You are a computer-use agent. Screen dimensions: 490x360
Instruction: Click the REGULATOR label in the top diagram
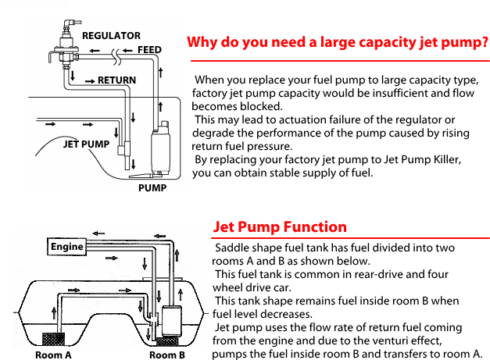[111, 36]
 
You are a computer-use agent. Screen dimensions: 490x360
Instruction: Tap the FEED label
[149, 50]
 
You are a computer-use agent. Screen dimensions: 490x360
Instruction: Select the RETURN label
[117, 80]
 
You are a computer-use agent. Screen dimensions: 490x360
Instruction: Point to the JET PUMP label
[86, 144]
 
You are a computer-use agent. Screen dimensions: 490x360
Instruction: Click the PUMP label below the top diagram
[152, 188]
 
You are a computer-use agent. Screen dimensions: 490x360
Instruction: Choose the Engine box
[67, 247]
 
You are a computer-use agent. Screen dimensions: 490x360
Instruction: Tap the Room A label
[53, 355]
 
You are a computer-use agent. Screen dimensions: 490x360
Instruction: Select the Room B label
[167, 355]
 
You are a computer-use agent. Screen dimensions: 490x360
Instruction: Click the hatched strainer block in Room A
[53, 339]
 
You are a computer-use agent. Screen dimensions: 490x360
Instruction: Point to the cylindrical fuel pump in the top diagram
[161, 148]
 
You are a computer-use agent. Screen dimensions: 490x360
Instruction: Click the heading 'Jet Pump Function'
[280, 227]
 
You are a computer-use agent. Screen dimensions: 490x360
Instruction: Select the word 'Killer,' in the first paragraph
[447, 159]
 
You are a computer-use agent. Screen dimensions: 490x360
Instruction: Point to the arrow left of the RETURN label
[90, 81]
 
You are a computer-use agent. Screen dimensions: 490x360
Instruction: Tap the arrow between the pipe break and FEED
[127, 51]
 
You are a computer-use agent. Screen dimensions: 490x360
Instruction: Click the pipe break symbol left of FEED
[116, 57]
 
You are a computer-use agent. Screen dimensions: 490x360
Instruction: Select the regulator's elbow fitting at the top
[70, 23]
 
